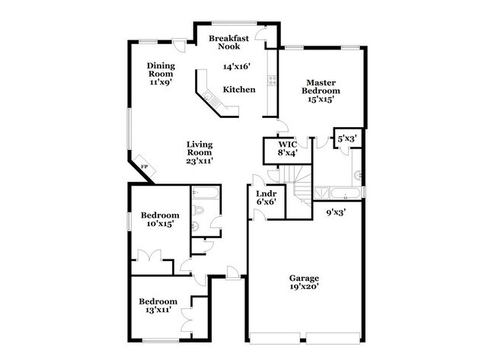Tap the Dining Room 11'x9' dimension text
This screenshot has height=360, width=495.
[161, 82]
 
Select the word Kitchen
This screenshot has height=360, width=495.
[239, 90]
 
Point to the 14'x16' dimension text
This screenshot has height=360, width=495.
[237, 67]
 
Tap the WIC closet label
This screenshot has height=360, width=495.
[287, 143]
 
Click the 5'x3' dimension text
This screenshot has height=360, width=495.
[346, 139]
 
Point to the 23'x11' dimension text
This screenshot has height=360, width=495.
[200, 161]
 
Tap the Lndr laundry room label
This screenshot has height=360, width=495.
[266, 194]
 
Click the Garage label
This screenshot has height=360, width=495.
[304, 278]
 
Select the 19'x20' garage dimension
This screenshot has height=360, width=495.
[304, 288]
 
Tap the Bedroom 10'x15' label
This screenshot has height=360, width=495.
[160, 220]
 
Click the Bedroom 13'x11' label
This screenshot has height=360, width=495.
[159, 306]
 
